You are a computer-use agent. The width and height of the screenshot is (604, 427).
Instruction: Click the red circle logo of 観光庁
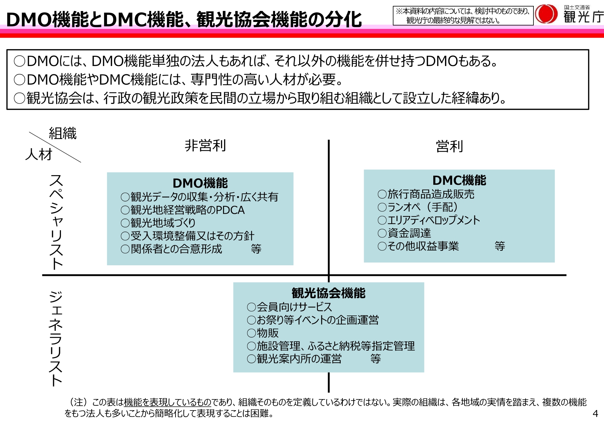point(547,14)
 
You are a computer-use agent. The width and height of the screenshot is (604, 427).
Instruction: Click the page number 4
point(595,414)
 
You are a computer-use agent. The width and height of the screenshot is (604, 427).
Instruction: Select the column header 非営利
point(205,146)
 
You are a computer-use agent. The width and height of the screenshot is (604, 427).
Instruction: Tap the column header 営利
point(449,146)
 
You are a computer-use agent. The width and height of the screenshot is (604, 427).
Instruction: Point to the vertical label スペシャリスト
point(56,222)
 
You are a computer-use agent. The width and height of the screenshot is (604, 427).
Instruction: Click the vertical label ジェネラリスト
point(56,339)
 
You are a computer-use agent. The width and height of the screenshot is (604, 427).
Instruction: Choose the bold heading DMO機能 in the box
point(200,183)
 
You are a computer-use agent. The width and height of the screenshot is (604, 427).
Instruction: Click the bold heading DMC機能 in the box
point(459,180)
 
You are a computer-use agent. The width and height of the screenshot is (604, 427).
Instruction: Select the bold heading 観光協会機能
point(328,293)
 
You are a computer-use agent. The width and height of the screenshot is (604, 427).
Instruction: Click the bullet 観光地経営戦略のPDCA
point(183,210)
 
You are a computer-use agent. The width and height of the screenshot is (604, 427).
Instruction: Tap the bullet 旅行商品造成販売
point(426,194)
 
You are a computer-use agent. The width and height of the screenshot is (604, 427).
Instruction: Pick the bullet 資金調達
point(404,233)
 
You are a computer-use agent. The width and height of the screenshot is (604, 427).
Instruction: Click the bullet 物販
point(263,333)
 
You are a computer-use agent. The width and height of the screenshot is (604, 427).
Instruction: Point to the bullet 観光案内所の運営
point(295,359)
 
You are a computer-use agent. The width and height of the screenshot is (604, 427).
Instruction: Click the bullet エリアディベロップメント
point(429,220)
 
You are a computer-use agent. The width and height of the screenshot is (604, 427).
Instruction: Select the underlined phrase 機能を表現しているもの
point(167,402)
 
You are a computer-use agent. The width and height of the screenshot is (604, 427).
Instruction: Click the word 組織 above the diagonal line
point(63,134)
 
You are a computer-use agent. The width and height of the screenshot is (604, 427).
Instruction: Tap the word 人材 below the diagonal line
point(39,154)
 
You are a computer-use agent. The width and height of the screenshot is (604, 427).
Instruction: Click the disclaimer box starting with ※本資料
point(463,15)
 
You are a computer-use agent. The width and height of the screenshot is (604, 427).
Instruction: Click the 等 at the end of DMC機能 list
point(500,246)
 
